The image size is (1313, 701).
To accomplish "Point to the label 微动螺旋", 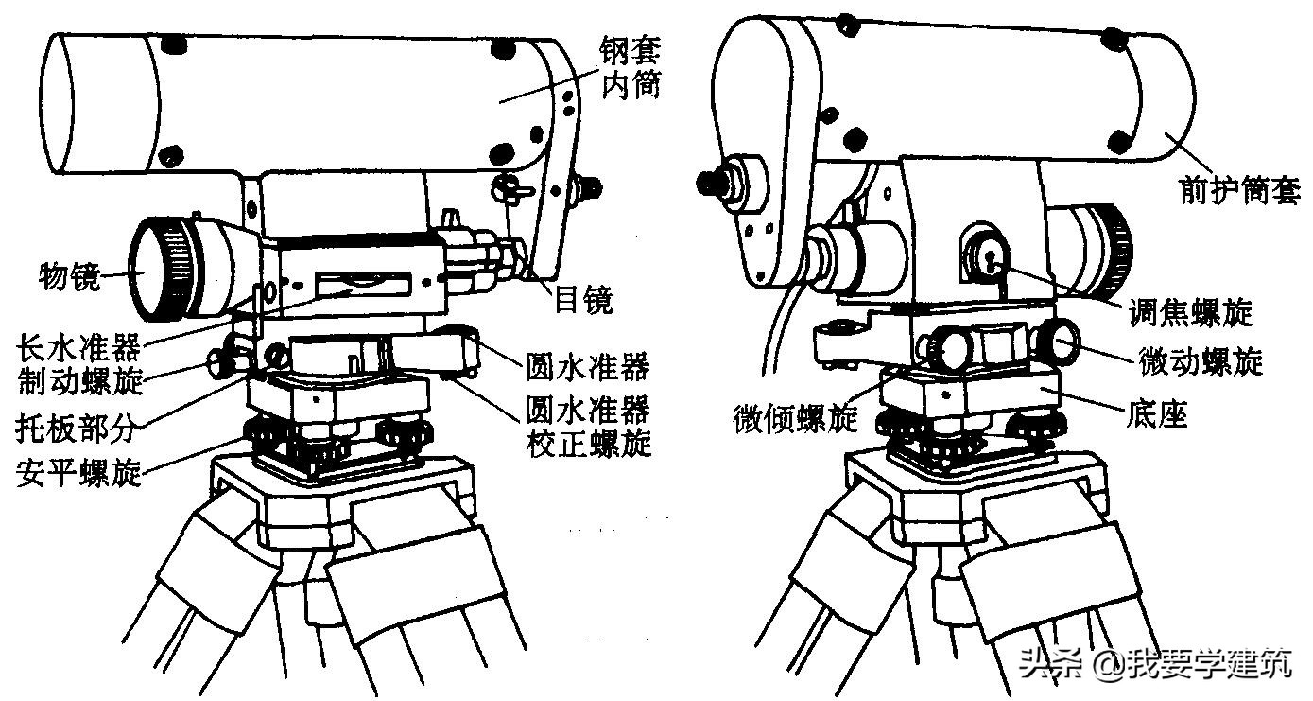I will point(1201,360).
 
